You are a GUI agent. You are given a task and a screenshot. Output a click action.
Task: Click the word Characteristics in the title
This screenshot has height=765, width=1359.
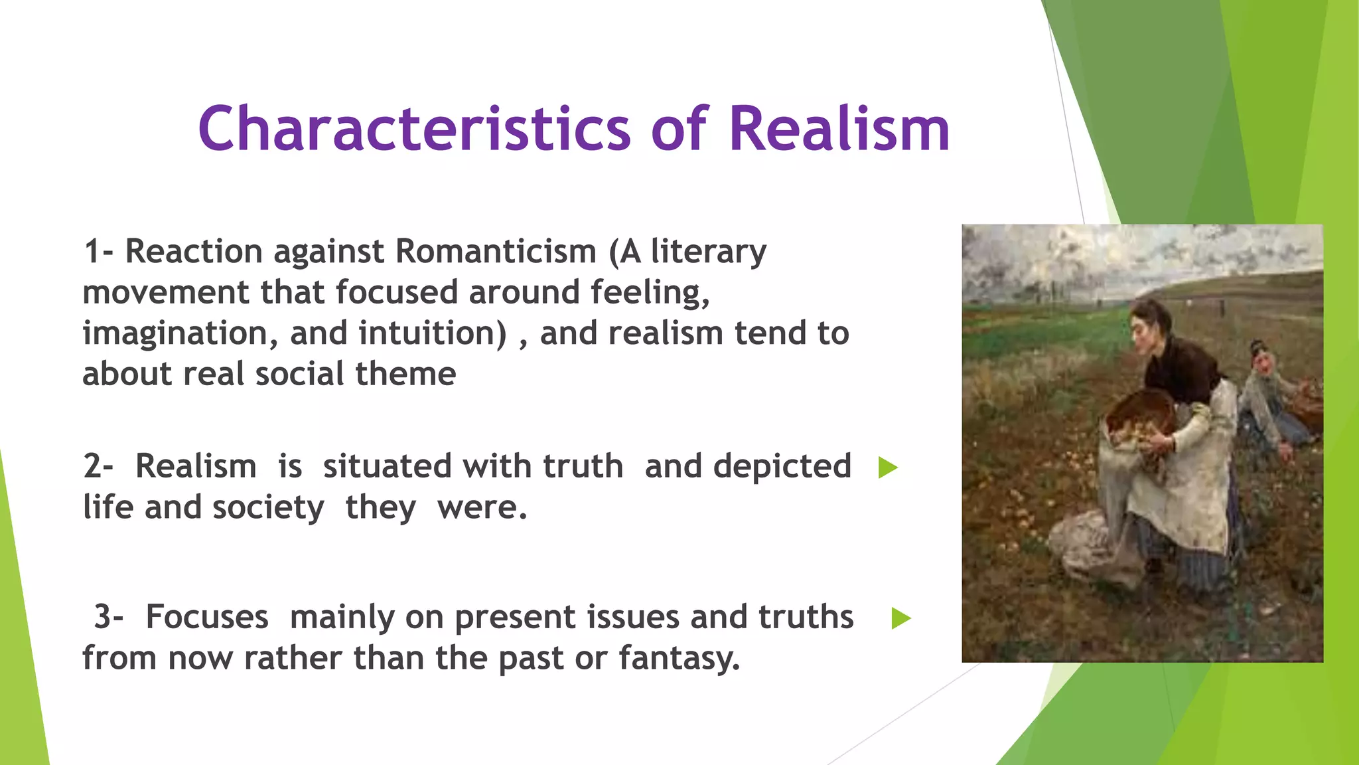point(414,129)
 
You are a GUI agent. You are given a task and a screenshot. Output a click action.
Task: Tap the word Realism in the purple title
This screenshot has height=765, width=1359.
point(839,129)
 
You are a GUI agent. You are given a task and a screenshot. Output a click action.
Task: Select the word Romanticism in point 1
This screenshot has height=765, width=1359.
point(496,252)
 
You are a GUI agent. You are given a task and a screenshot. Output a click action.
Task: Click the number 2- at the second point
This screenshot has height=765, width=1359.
point(98,466)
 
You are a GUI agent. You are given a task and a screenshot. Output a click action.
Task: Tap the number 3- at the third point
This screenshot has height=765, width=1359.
point(108,617)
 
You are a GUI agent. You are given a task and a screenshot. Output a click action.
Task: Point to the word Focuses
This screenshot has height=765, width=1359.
point(206,617)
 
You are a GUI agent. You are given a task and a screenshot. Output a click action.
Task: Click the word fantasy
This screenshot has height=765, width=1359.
point(679,658)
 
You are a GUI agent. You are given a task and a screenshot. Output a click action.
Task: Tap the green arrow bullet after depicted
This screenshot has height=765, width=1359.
point(887,467)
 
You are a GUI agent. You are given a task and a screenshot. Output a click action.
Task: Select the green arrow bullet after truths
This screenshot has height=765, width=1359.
point(900,618)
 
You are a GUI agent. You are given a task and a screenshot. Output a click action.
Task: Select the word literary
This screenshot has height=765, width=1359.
point(708,252)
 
